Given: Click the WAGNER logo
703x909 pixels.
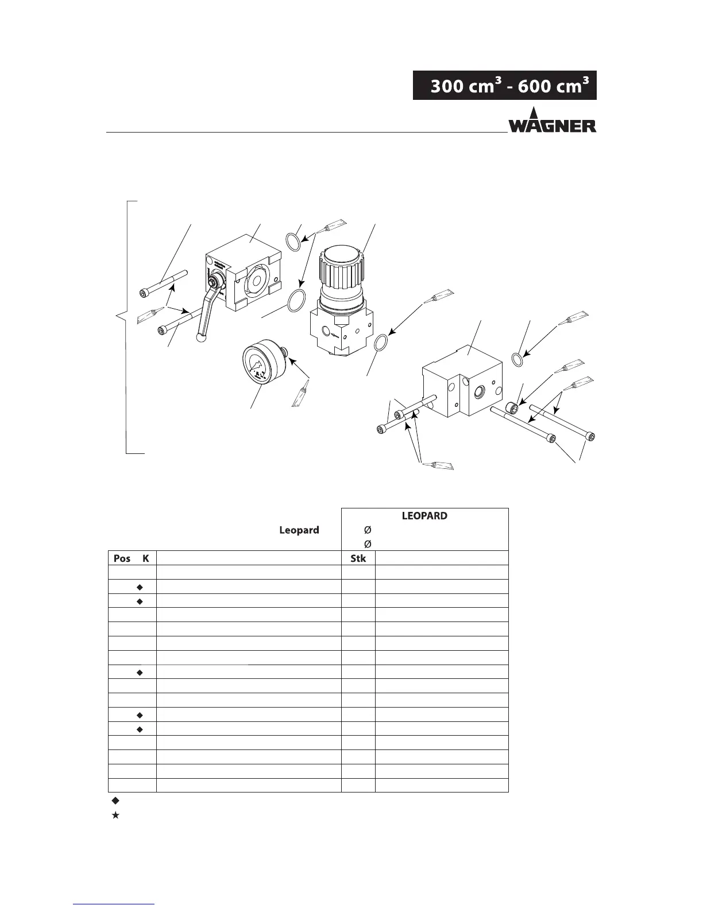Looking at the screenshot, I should point(552,121).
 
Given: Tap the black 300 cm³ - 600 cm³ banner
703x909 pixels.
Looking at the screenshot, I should point(504,86).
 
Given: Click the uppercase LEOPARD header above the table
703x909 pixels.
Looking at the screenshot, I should point(424,515).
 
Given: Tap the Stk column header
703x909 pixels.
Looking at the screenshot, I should point(358,558).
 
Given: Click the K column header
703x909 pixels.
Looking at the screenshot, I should point(145,558).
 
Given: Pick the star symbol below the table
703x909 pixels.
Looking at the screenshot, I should point(115,815).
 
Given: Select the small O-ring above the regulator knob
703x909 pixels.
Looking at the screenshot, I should point(293,240).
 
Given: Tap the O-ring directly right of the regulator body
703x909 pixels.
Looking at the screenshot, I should point(380,344).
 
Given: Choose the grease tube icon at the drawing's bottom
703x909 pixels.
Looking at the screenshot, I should point(438,465).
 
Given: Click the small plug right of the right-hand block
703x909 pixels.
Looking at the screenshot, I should point(512,408).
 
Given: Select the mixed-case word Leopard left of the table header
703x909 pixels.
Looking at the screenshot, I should point(299,530).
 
